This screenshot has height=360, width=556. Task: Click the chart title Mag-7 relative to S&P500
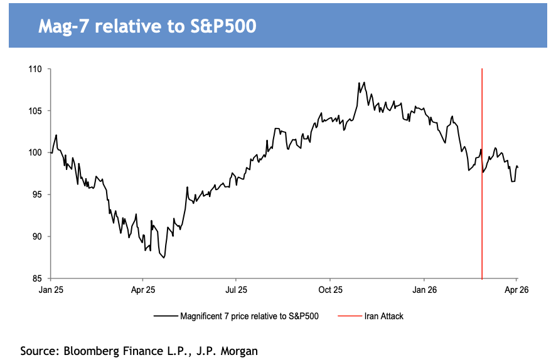(x=147, y=27)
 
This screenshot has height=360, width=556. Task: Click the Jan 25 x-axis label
(x=51, y=290)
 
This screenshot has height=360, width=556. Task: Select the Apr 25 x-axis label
(x=142, y=290)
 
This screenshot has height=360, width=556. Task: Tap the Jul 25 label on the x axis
(x=235, y=290)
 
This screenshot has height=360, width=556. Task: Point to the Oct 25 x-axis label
(x=330, y=290)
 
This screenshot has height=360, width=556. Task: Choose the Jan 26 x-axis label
(x=424, y=290)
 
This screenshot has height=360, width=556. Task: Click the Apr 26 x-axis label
(x=516, y=290)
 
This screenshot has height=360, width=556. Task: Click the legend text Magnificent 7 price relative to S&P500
(x=249, y=316)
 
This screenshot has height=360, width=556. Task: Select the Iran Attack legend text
(x=383, y=316)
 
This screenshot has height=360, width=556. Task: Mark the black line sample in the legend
(x=165, y=316)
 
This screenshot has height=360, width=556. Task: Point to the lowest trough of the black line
(x=164, y=258)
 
